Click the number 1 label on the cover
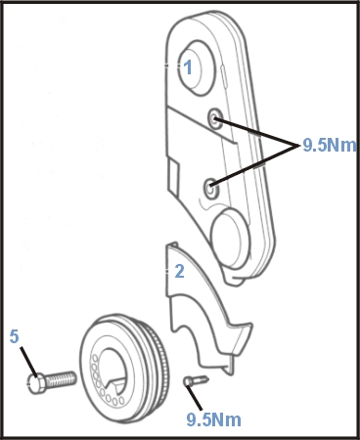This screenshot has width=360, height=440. click(188, 67)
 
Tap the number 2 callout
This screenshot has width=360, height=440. click(179, 271)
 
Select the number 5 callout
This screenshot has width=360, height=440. click(15, 336)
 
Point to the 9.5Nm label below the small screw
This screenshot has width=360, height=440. click(213, 419)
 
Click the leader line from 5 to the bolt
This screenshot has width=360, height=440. click(24, 355)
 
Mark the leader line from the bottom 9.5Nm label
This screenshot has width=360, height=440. click(198, 394)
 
